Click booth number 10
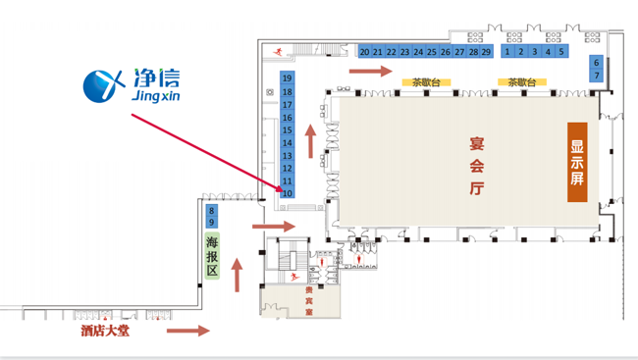pos(288,193)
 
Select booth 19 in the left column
pos(288,77)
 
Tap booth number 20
pos(364,52)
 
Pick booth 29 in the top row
pos(486,52)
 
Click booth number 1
pos(507,51)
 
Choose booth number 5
pos(561,51)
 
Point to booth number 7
pos(596,76)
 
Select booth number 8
pos(211,209)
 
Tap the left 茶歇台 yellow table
pos(425,83)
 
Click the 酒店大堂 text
pos(106,332)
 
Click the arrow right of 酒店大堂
pos(188,332)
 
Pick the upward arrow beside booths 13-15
pos(311,140)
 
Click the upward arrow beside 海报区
pos(238,276)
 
